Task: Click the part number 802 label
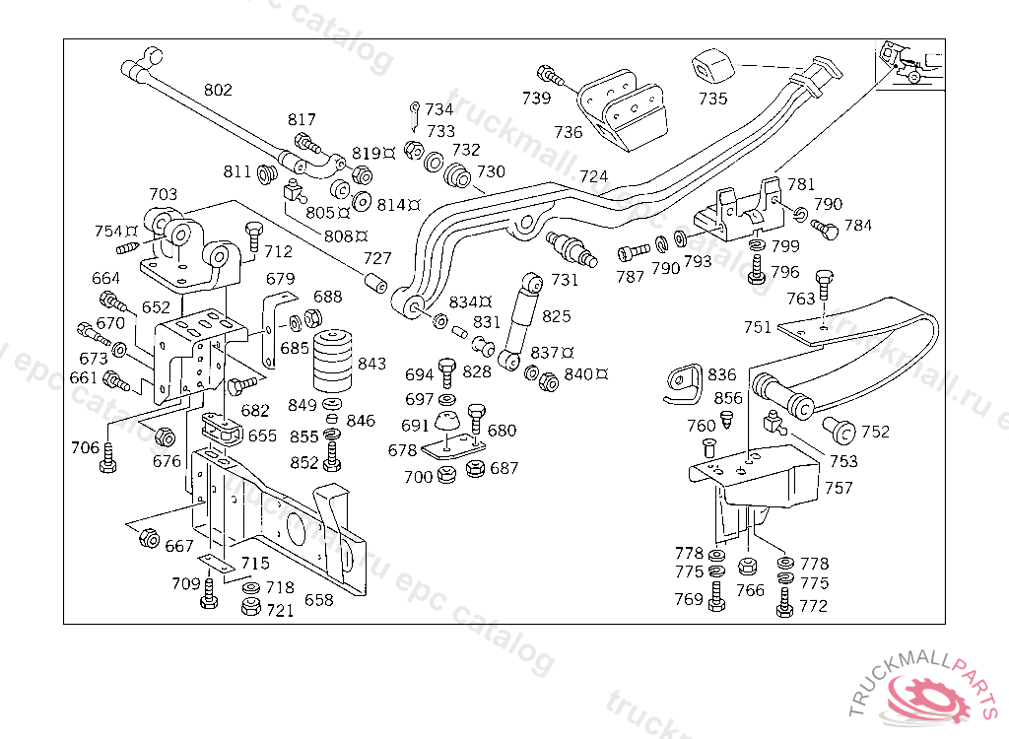click(218, 90)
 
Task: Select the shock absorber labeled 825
click(520, 320)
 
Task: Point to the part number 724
click(593, 177)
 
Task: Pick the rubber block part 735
click(713, 67)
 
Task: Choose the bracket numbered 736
click(623, 110)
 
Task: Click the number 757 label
click(840, 488)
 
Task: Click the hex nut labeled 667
click(149, 538)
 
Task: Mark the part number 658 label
click(318, 599)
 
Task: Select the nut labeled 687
click(475, 469)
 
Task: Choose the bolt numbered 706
click(108, 458)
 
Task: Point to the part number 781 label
click(801, 184)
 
